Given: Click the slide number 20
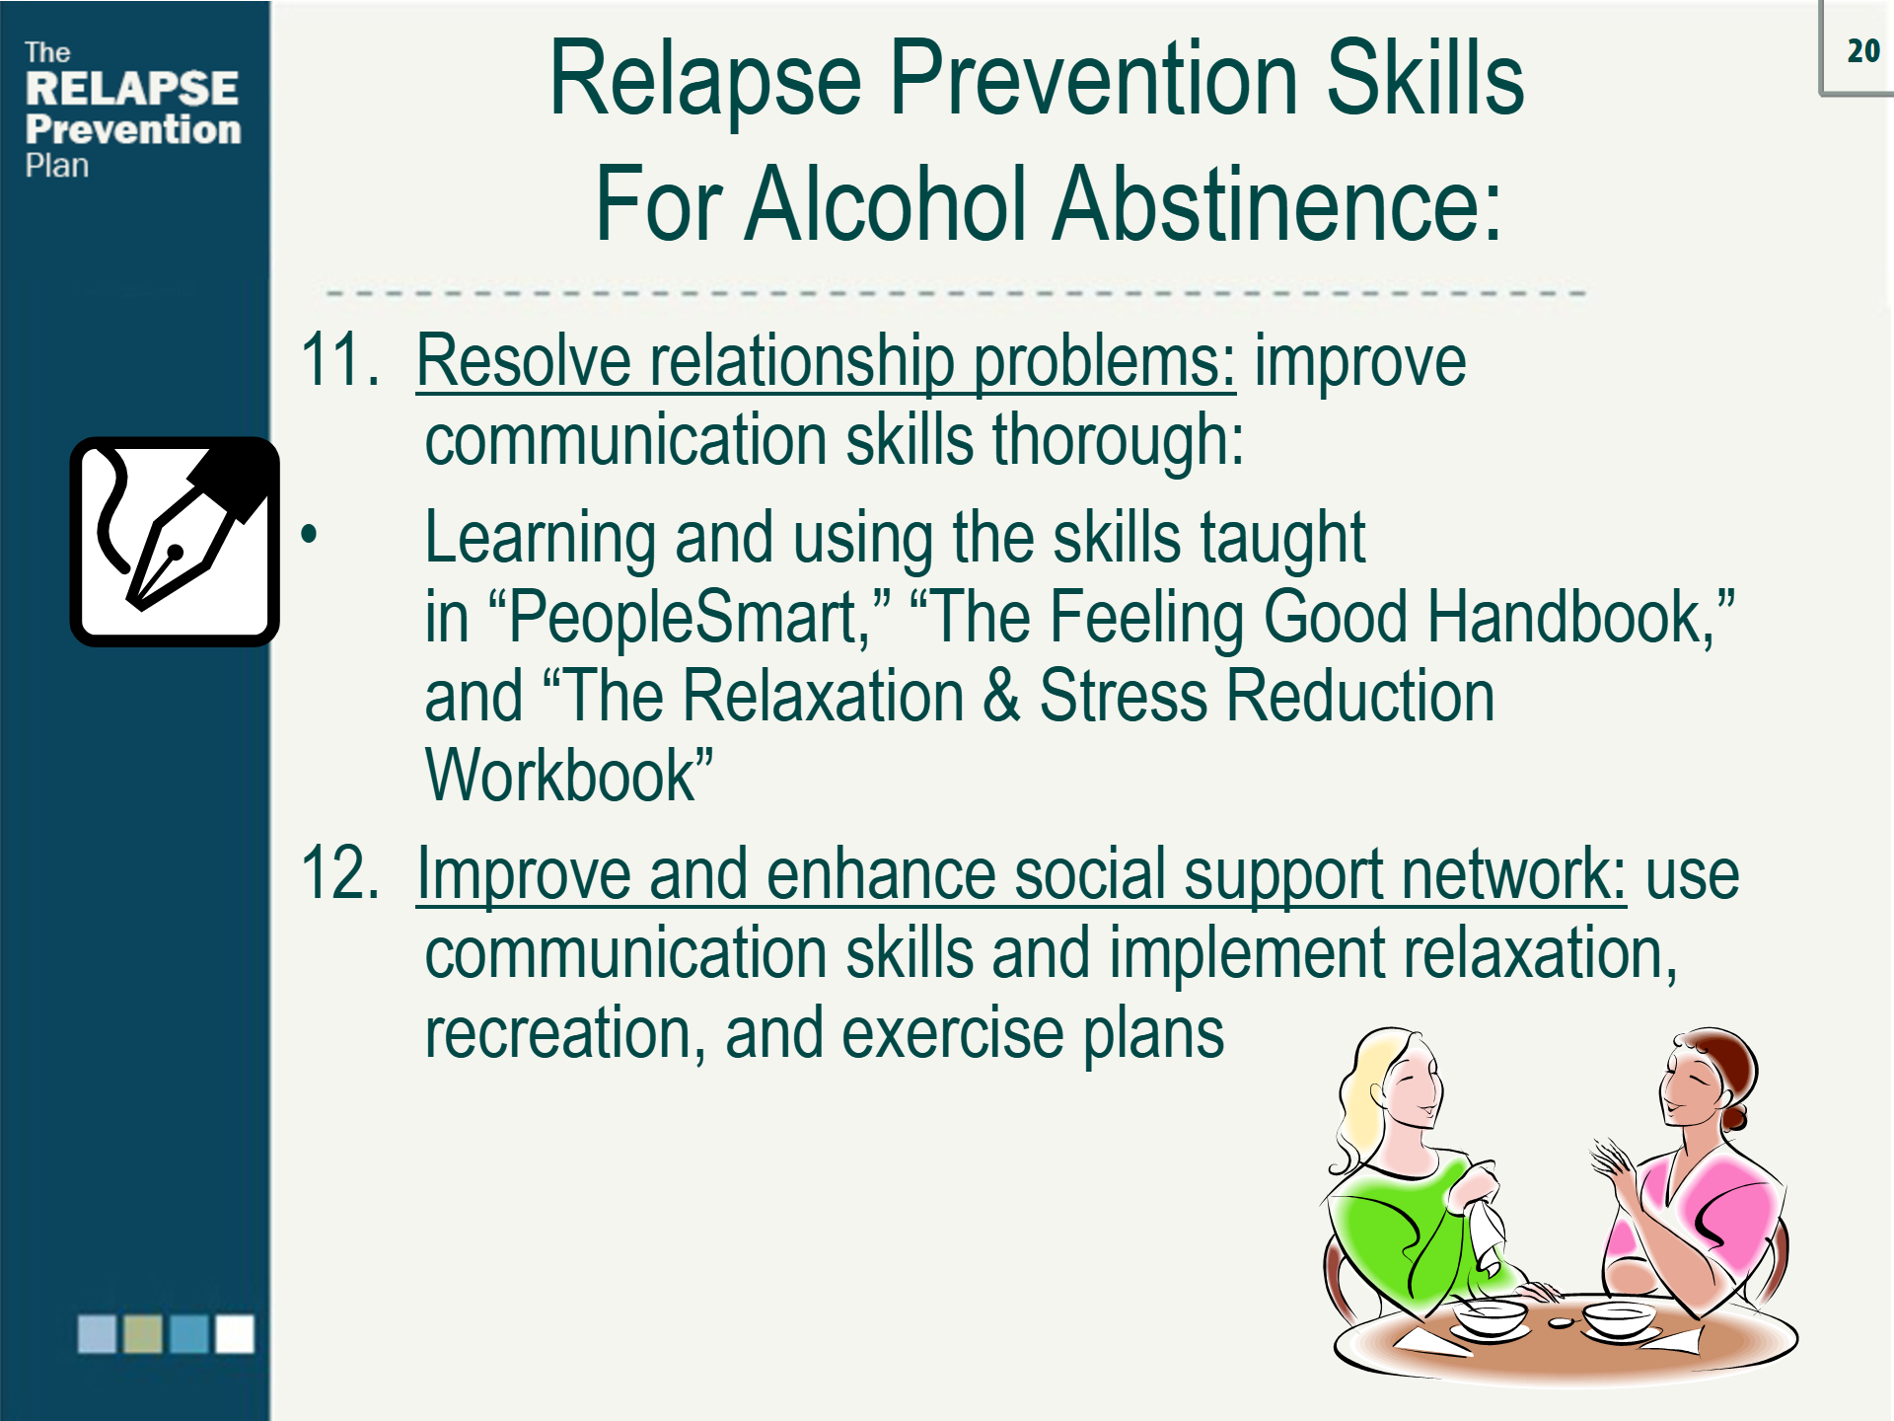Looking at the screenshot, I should [x=1862, y=51].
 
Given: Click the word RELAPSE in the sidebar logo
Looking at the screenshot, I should [x=131, y=89].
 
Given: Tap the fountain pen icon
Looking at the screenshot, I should [x=175, y=542].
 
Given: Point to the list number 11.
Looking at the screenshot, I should [x=339, y=361].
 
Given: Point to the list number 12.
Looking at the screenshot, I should [x=339, y=874].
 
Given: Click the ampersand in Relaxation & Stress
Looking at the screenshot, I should [x=1001, y=697].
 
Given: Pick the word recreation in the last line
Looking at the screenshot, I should [x=557, y=1035].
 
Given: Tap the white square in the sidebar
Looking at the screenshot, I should [x=235, y=1334].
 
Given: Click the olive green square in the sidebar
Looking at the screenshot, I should [x=143, y=1334].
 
